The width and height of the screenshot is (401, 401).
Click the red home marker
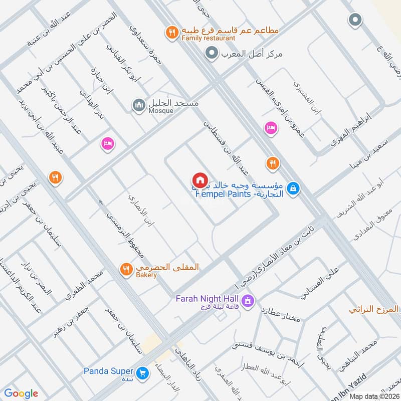[199, 179]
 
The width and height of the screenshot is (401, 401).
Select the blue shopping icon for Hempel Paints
[295, 188]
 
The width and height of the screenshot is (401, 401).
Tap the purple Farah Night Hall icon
[247, 301]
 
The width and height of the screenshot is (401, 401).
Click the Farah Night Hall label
[206, 299]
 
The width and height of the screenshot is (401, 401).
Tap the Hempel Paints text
[222, 193]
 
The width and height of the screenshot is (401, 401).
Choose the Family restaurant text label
[209, 38]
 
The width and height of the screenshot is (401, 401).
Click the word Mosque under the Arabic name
[160, 110]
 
